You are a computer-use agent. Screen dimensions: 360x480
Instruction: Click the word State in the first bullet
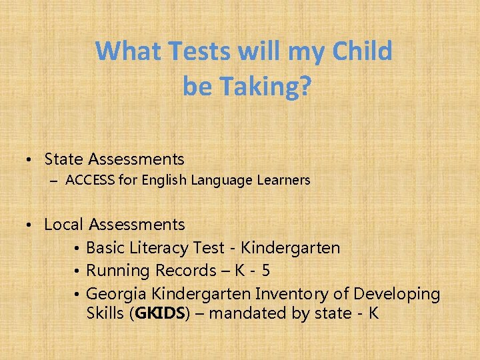(65, 159)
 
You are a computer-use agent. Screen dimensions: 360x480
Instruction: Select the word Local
(64, 225)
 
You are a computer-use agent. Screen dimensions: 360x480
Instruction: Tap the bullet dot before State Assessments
(31, 160)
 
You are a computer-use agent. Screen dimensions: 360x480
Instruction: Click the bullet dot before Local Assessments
(31, 225)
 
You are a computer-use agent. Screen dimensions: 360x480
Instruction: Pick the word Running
(119, 271)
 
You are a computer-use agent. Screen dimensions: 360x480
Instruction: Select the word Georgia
(117, 294)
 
